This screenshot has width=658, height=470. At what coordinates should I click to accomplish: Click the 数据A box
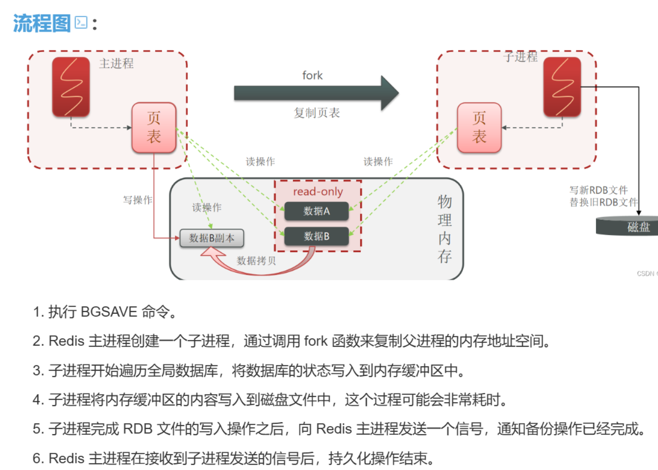pos(316,211)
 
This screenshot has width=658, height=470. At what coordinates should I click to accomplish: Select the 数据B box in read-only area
pos(316,236)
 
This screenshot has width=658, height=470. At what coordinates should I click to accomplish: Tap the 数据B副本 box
pos(211,238)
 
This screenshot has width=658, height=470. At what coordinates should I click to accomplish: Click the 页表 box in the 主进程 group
pos(154,128)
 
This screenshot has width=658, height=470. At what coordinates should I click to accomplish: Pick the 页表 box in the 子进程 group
pos(479,128)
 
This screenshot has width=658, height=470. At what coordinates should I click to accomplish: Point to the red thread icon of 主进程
pos(71,86)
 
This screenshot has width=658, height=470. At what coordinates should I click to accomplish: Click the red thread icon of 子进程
pos(562,86)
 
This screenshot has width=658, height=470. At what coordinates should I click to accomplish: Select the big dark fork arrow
pos(315,93)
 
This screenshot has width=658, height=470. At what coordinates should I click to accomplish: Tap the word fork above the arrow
pos(313,75)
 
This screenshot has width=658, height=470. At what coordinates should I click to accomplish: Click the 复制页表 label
pos(317,113)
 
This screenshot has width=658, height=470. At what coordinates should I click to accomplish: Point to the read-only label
pos(318,192)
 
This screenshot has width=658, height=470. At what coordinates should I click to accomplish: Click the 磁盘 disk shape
pos(630,226)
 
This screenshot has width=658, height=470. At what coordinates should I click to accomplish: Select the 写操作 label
pos(137,200)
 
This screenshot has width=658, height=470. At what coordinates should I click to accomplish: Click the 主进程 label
pos(116,64)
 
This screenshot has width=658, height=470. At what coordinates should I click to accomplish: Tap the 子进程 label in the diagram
pos(520,57)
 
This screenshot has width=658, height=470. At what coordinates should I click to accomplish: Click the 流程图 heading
pos(42,23)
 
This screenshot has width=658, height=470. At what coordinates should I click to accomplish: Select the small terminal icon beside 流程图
pos(81,22)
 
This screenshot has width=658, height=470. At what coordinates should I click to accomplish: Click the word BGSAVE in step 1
pos(109,312)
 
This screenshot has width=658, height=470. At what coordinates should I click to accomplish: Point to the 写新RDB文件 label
pos(598,190)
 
